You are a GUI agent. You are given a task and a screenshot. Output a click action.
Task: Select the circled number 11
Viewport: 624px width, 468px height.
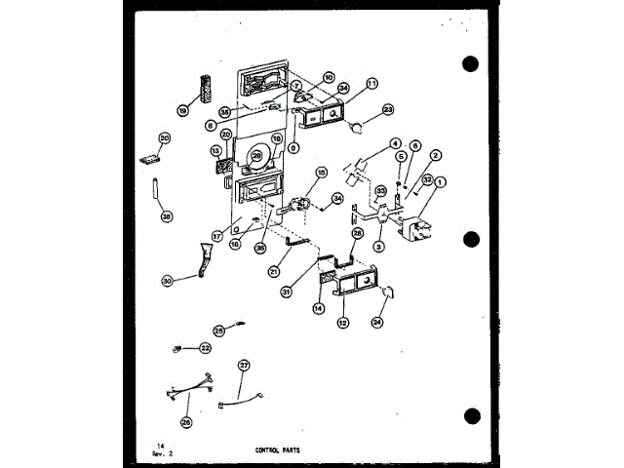372,84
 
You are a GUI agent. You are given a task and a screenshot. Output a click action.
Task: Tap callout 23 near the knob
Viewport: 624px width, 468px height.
388,110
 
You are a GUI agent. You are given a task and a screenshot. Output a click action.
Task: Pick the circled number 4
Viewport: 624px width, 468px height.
396,145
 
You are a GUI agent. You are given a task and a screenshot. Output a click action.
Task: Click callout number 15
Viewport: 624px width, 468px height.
322,173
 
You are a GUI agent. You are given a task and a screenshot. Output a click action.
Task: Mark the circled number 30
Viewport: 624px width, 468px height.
167,280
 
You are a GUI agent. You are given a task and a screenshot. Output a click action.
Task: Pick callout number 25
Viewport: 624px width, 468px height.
218,330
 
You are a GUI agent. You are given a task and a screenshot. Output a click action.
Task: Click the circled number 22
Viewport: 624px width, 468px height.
205,347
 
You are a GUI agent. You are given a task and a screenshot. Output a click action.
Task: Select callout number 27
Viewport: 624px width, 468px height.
245,365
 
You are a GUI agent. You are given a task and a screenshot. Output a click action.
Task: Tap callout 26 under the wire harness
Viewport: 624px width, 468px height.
186,421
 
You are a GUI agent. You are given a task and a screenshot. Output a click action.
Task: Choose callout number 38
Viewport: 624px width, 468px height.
167,216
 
